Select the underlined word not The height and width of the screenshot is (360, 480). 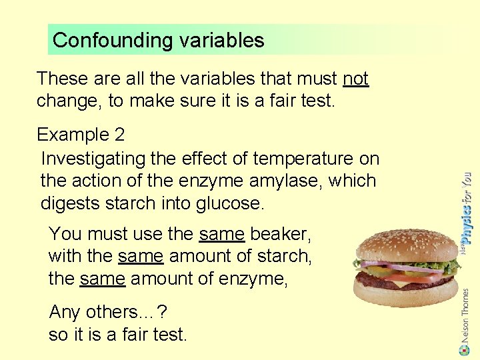pyautogui.click(x=355, y=79)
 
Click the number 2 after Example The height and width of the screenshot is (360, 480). pyautogui.click(x=119, y=135)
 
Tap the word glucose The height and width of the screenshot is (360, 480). pyautogui.click(x=228, y=203)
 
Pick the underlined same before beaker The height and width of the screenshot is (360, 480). pyautogui.click(x=222, y=234)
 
